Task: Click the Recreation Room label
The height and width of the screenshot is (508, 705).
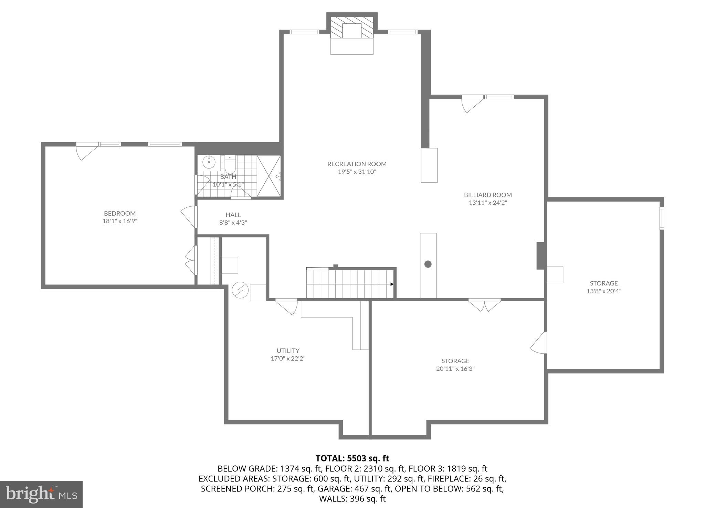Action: tap(357, 164)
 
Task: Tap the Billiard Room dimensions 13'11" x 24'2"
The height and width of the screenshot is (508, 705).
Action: tap(488, 203)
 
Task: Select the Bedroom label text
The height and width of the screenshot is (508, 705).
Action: tap(120, 213)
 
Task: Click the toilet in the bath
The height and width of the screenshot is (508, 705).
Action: tap(230, 165)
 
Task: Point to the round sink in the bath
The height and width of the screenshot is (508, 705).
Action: tap(209, 162)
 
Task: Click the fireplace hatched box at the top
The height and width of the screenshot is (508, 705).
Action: tap(352, 27)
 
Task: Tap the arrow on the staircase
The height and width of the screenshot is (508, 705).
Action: tap(392, 284)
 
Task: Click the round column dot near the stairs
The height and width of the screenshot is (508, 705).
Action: tap(428, 264)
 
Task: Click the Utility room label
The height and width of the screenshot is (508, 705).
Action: tap(288, 350)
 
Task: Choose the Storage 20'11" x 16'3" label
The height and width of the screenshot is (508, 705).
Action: tap(455, 365)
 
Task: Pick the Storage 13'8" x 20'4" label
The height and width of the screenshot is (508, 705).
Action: tap(604, 287)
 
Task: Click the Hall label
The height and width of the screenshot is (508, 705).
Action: tap(233, 215)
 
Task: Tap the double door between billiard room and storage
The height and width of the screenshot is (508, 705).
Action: tap(484, 304)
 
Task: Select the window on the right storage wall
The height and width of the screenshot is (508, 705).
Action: tap(661, 218)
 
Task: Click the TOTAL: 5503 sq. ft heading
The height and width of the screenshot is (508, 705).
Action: tap(352, 458)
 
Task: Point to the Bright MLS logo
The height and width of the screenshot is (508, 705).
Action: tap(41, 494)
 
